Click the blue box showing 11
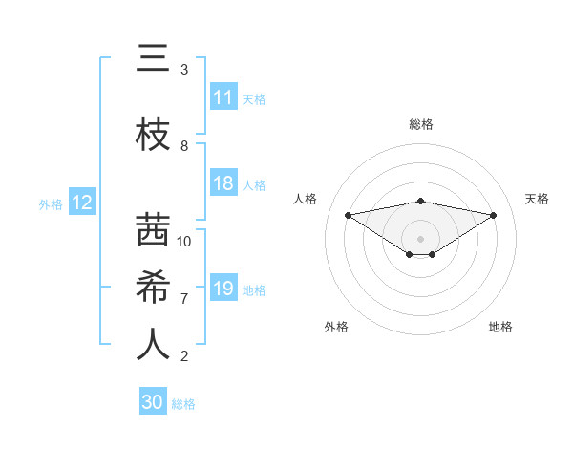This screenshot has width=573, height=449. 223,97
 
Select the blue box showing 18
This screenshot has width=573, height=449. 223,184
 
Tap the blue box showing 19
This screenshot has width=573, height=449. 223,289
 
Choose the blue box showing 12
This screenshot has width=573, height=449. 81,203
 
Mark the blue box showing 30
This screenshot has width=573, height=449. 153,402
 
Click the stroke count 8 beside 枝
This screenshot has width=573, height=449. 184,146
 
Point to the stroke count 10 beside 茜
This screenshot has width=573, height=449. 184,241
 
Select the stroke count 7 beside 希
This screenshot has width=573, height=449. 184,298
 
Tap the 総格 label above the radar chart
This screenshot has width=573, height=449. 420,124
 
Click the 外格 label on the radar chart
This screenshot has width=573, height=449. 336,327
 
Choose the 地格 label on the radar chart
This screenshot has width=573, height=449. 500,327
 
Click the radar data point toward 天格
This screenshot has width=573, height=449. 494,215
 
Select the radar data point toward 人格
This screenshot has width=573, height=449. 348,214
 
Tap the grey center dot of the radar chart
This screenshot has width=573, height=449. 420,238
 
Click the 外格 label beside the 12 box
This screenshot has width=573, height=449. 51,203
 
